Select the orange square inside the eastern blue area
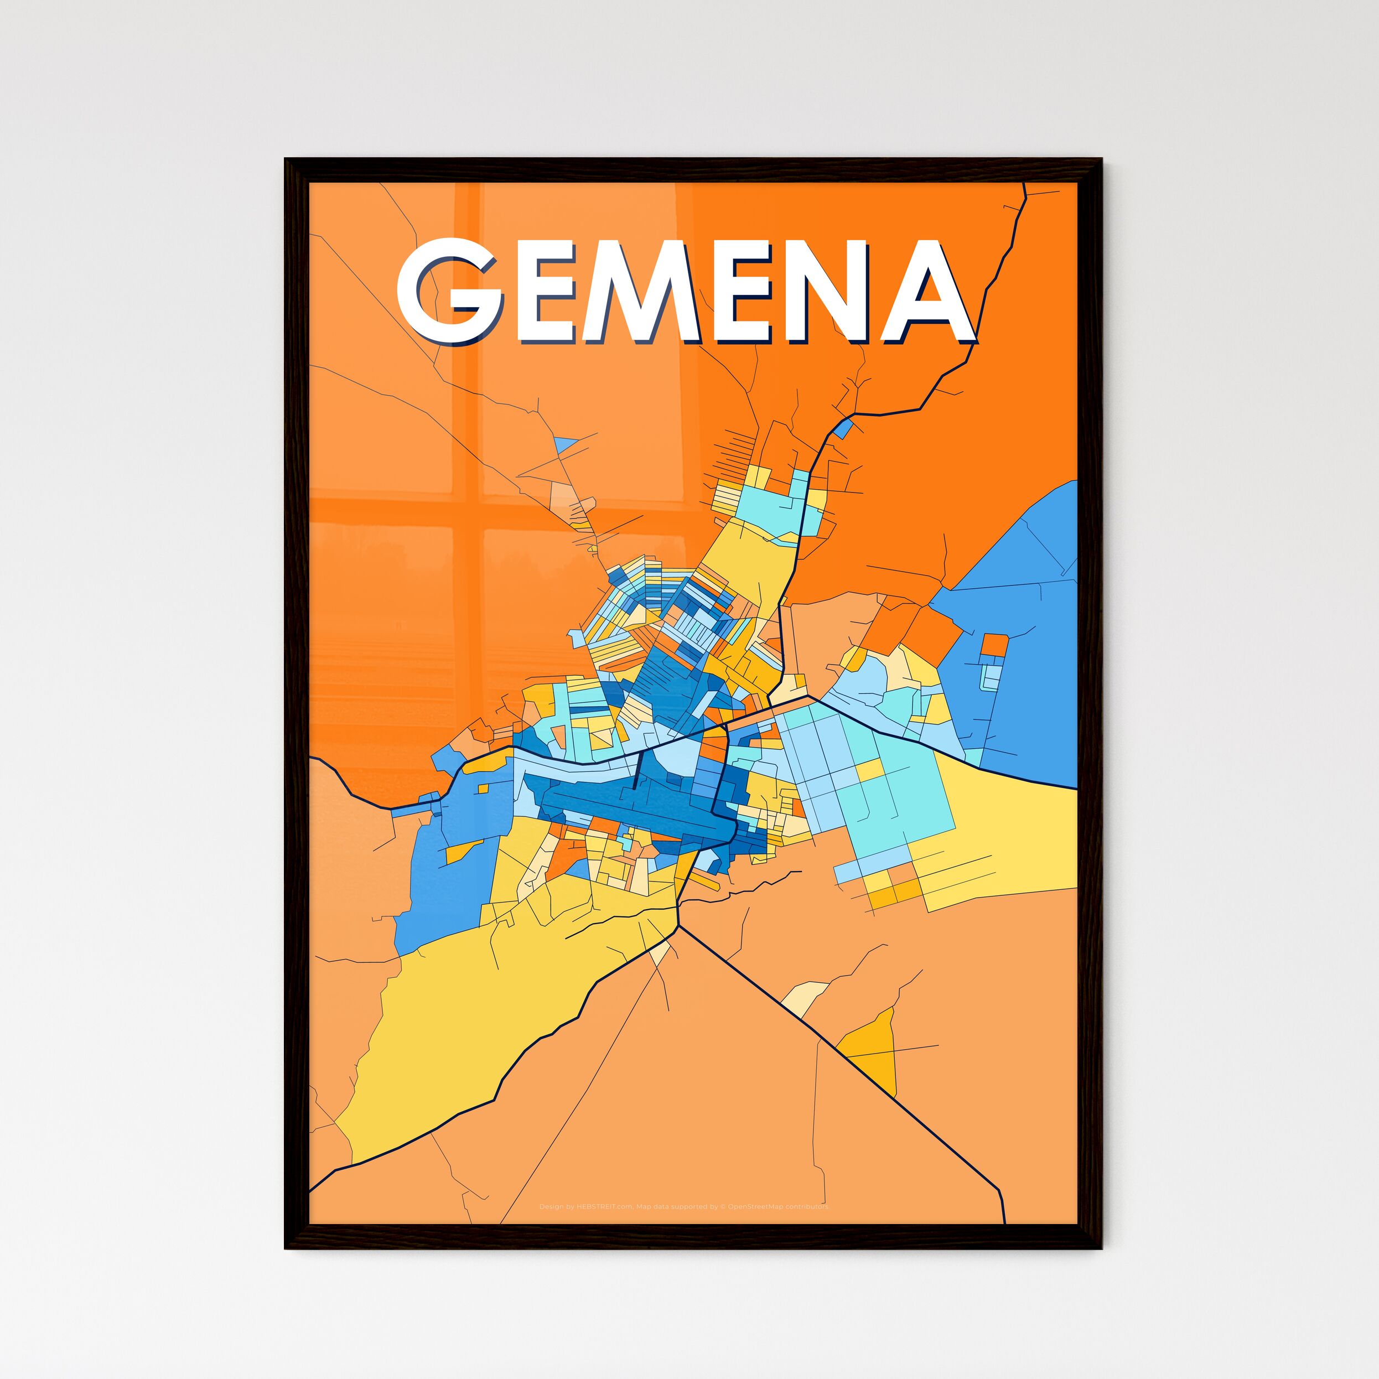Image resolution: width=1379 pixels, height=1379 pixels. coord(994,645)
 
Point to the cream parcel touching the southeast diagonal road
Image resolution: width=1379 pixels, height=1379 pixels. coord(805,998)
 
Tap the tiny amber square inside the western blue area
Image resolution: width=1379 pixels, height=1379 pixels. coord(483,789)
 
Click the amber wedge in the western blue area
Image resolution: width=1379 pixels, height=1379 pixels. coord(463,851)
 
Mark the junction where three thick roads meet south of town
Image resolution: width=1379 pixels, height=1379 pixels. coord(677,926)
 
